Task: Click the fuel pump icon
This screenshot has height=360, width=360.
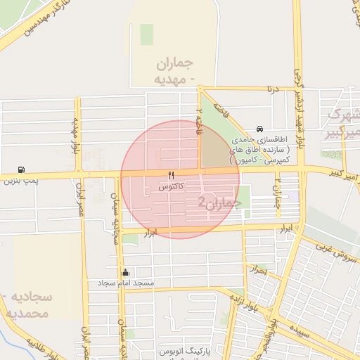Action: [22, 170]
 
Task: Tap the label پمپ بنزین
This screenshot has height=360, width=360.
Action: [19, 181]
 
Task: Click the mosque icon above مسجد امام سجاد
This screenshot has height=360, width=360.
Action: [126, 272]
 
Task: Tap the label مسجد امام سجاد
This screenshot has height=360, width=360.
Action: [126, 283]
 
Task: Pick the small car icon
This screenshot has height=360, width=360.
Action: [260, 129]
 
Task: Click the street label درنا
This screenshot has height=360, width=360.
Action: [271, 89]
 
